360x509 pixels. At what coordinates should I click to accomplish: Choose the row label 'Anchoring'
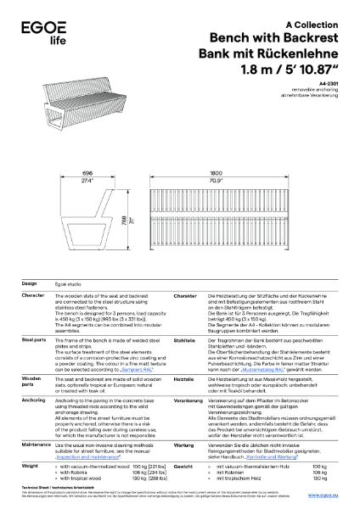tap(34, 399)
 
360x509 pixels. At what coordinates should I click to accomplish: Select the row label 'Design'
tap(29, 282)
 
